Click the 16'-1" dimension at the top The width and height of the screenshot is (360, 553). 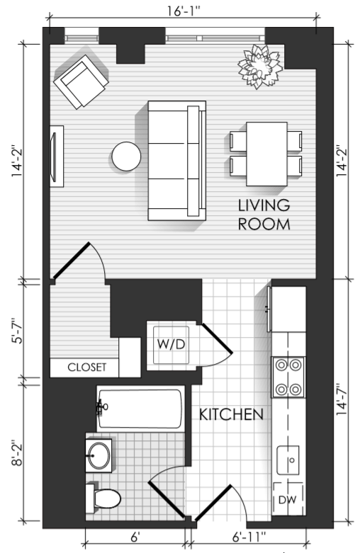click(184, 11)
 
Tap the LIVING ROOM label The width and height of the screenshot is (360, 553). click(264, 215)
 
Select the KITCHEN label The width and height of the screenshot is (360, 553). click(231, 415)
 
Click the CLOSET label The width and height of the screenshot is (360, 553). click(87, 367)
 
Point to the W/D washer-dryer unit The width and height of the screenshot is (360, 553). click(171, 345)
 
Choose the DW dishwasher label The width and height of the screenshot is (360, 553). click(287, 500)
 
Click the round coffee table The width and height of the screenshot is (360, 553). click(126, 156)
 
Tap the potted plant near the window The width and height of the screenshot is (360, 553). click(260, 67)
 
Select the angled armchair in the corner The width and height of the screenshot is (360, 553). click(81, 82)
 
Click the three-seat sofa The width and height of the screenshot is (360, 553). click(177, 161)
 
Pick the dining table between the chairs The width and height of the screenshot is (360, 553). click(266, 154)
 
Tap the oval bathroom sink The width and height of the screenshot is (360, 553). click(99, 455)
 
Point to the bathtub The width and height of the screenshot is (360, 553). click(140, 409)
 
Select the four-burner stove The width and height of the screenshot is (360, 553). click(288, 377)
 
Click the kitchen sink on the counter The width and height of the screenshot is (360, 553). click(288, 460)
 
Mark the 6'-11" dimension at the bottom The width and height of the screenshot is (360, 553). click(249, 537)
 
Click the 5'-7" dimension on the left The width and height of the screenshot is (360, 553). click(17, 331)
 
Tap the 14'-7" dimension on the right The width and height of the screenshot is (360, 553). click(342, 399)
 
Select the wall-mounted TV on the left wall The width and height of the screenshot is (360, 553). click(57, 156)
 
